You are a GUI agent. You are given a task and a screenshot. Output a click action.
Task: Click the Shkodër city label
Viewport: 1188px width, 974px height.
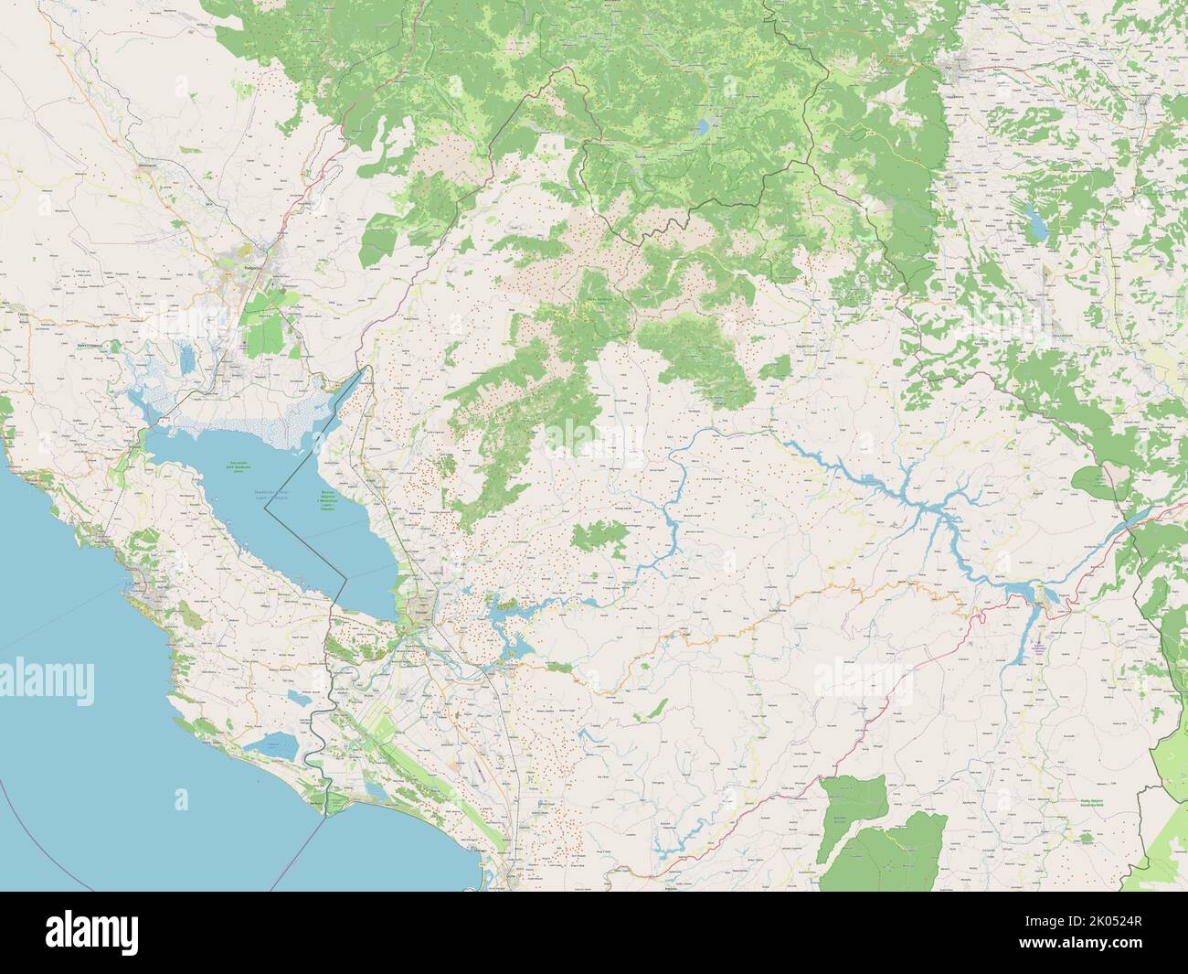[422, 604]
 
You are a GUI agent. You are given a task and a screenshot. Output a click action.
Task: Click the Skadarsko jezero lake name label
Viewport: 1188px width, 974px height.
[265, 494]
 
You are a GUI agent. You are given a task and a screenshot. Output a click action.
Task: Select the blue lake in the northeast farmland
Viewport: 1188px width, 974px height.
[1036, 219]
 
